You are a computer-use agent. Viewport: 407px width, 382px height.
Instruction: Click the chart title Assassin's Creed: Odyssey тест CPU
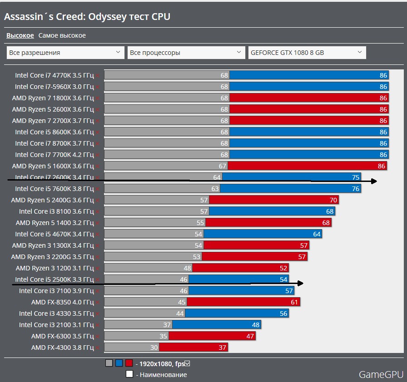tap(87, 17)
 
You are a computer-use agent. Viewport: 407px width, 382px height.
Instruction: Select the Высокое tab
tap(20, 35)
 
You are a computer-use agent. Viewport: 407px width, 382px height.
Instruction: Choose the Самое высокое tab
tap(62, 35)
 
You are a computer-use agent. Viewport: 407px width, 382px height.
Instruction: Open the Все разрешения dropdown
tap(65, 53)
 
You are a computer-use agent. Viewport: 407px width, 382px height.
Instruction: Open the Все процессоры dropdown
tap(186, 53)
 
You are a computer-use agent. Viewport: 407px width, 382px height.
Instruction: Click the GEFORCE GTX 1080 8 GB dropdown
tap(307, 53)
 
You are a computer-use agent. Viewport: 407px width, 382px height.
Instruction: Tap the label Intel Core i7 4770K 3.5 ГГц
tap(54, 75)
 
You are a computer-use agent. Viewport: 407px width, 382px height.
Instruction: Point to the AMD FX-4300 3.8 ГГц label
tap(62, 348)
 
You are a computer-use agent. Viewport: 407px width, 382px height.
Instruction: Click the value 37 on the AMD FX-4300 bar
tap(222, 348)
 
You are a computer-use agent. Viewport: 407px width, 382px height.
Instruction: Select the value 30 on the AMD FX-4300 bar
tap(154, 348)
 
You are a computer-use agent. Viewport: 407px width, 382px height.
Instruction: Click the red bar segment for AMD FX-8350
tap(243, 302)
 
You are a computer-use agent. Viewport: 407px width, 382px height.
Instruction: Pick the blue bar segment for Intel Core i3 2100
tap(216, 325)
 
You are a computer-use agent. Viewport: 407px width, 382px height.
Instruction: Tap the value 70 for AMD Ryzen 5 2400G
tap(333, 200)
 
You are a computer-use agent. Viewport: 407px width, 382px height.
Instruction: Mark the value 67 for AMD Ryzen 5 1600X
tap(223, 166)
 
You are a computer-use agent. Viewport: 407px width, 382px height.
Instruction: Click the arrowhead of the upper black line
tap(374, 181)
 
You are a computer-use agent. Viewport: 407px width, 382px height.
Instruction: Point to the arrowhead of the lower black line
tap(300, 284)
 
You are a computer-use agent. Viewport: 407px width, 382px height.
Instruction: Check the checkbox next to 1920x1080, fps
tap(187, 363)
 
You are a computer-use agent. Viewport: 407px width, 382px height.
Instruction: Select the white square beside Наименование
tap(129, 374)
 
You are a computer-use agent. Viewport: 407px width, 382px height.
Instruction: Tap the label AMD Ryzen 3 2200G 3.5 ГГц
tap(53, 257)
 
